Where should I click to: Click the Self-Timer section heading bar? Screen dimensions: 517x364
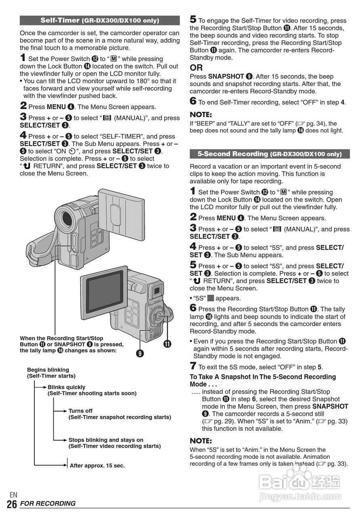(100, 20)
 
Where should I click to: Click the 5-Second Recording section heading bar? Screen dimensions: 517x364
(269, 154)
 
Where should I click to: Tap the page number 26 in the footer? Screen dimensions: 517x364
(12, 504)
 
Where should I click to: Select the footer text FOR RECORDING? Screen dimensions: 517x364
(48, 504)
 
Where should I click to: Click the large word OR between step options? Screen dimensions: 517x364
(196, 67)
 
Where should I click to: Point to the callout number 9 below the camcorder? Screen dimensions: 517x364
(140, 353)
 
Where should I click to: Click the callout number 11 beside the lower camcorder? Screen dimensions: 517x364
(167, 344)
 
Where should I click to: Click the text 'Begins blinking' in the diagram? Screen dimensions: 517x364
(48, 370)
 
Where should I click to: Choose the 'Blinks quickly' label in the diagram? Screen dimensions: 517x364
(67, 387)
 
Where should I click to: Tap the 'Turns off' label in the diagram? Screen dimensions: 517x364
(80, 411)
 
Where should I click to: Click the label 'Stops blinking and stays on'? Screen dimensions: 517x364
(106, 440)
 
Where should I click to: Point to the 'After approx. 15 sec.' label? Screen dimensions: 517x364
(97, 465)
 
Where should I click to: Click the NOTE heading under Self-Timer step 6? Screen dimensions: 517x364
(201, 115)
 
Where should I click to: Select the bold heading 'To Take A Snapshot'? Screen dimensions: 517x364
(263, 377)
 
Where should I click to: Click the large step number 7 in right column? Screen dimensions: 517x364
(193, 366)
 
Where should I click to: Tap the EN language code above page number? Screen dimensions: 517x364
(13, 495)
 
